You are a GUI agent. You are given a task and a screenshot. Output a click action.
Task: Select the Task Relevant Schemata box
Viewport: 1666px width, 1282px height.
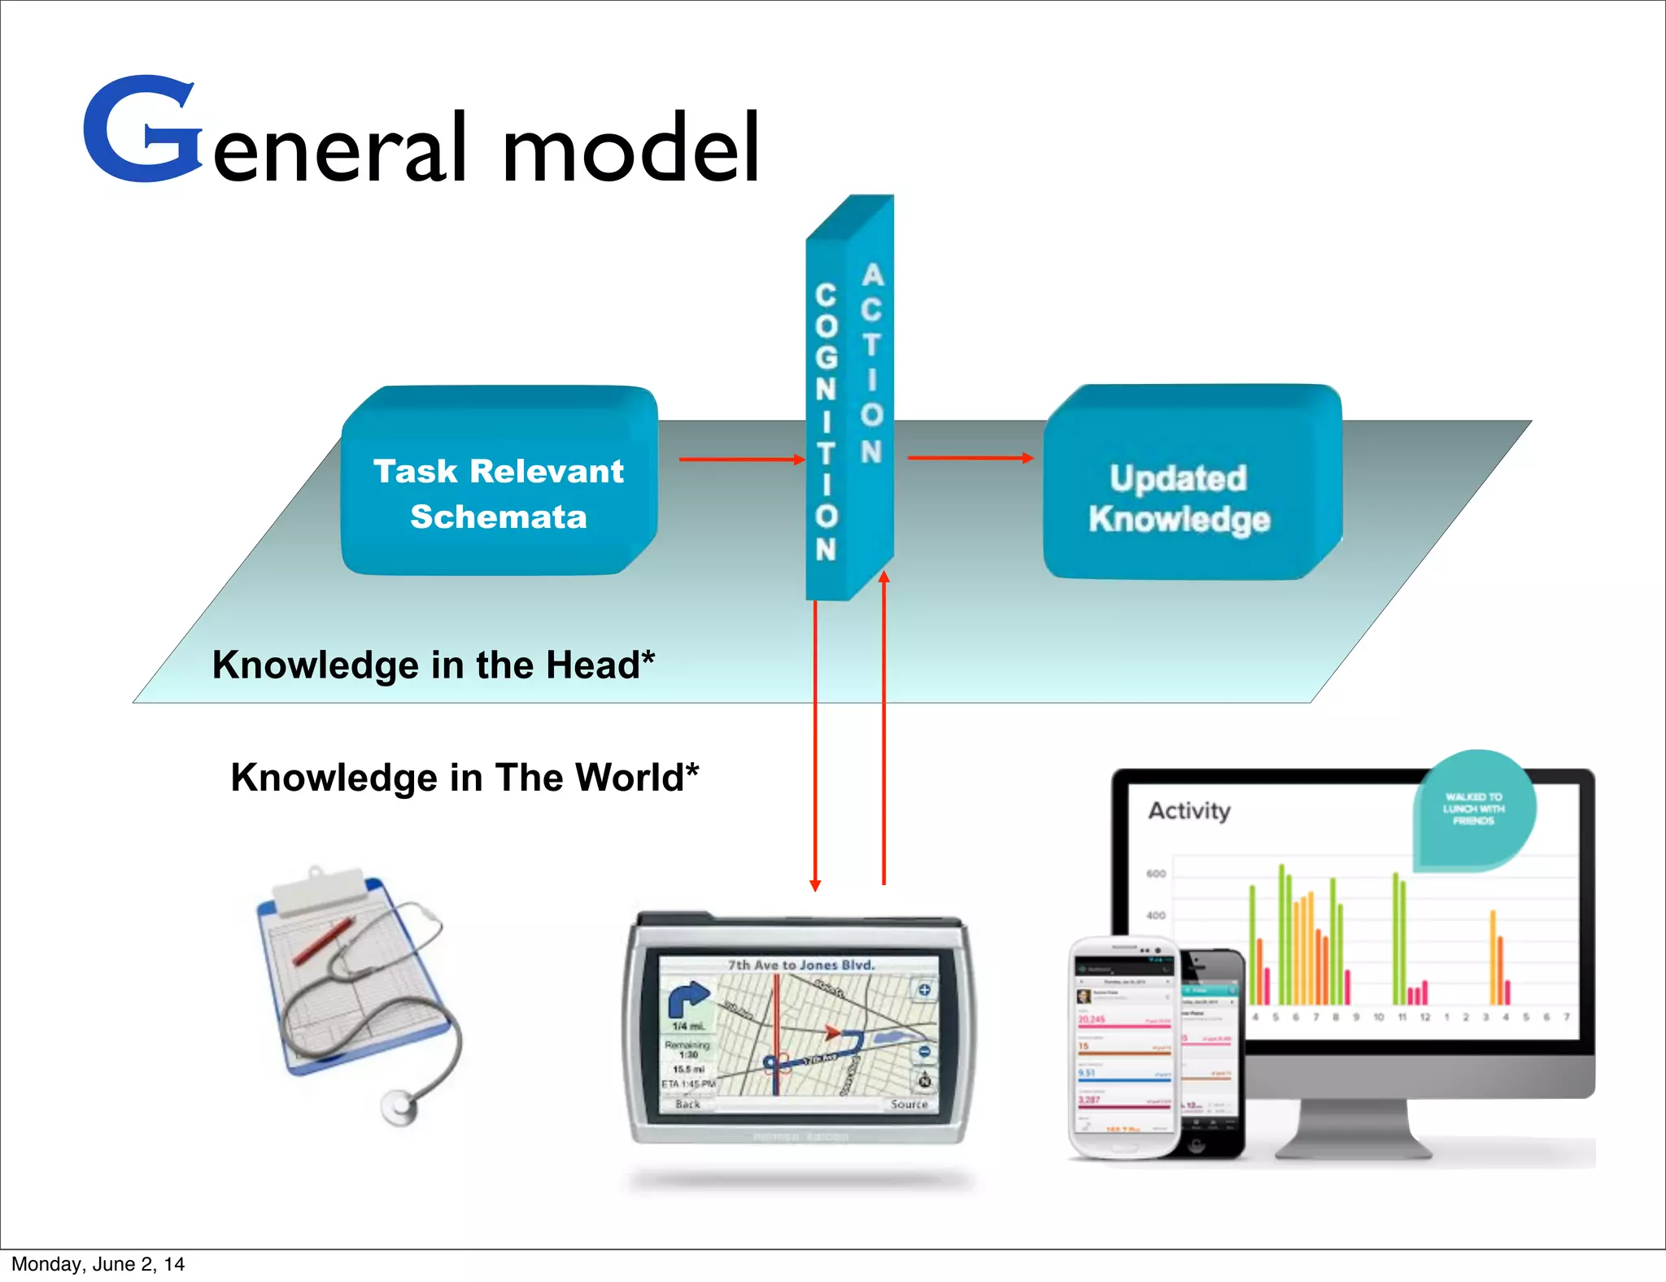499,493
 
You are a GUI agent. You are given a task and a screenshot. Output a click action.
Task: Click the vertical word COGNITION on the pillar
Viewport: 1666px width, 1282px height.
826,422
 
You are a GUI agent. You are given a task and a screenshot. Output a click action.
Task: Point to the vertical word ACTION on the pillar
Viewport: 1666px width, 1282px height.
871,363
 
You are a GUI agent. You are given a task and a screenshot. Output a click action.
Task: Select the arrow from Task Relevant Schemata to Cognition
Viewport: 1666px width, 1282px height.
741,460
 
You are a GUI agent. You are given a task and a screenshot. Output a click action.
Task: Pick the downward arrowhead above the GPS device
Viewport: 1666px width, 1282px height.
815,885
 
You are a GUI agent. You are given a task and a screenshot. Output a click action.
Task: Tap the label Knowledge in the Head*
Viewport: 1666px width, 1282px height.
433,665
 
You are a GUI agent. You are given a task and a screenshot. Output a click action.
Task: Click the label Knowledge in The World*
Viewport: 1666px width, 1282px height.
464,777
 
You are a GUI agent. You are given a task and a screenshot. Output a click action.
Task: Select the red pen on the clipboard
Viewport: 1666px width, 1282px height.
324,940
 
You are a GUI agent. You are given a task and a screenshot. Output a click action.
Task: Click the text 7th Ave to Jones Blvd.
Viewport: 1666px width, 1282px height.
801,966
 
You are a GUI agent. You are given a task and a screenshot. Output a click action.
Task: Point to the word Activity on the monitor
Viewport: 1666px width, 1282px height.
1188,811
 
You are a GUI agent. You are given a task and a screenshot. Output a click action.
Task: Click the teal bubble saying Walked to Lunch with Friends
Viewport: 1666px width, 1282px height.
1474,809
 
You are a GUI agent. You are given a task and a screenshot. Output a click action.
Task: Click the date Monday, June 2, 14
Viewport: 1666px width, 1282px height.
98,1264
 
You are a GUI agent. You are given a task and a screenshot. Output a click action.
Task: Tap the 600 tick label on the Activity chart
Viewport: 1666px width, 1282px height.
1156,874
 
